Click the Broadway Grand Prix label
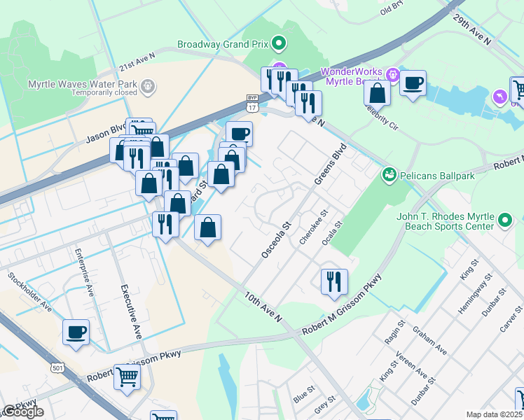coord(223,43)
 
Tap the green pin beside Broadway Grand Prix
coord(279,44)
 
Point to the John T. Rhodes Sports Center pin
coord(506,222)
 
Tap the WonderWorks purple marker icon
coord(392,73)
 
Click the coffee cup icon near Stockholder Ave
coord(76,332)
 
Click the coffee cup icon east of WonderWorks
coord(413,83)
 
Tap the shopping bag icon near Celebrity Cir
coord(378,93)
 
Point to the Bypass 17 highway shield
coord(252,104)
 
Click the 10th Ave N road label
coord(263,308)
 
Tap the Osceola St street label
coord(275,241)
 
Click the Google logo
coord(24,412)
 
